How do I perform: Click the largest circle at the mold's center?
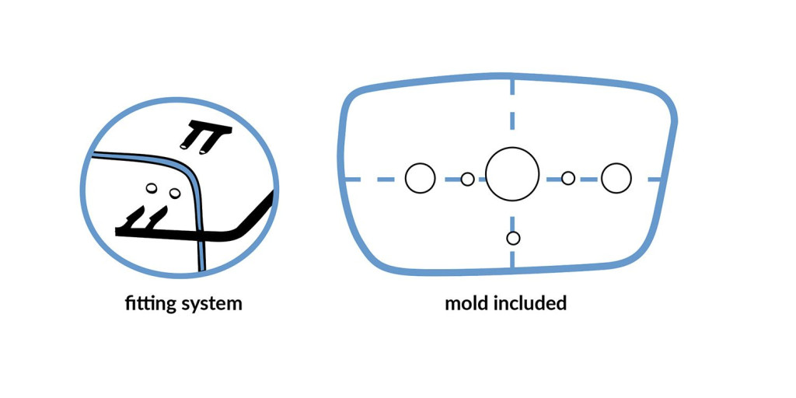click(x=512, y=174)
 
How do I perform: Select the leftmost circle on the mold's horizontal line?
click(x=421, y=178)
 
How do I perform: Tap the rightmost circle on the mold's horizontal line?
click(x=616, y=178)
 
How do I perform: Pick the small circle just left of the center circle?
click(x=467, y=180)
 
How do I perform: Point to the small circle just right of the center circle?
click(x=568, y=178)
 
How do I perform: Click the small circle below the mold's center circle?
click(x=512, y=238)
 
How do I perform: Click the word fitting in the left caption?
click(x=150, y=303)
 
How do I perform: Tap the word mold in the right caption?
click(x=466, y=302)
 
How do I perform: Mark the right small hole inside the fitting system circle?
click(x=174, y=192)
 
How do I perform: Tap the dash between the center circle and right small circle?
click(x=551, y=179)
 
